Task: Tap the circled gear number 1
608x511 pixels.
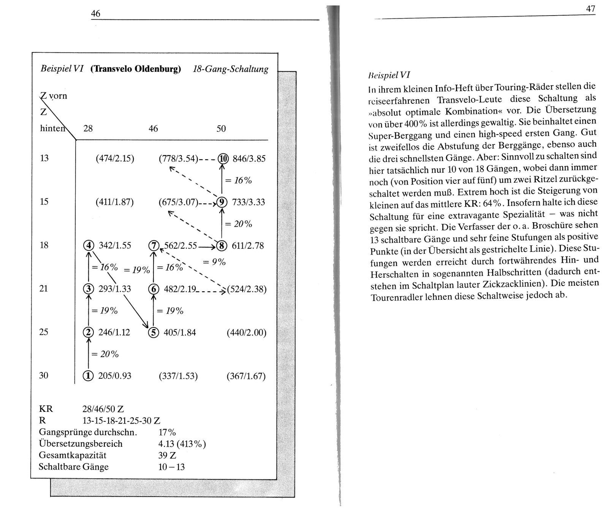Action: (88, 376)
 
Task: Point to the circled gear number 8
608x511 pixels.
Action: (221, 245)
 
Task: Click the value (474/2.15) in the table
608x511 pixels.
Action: (115, 158)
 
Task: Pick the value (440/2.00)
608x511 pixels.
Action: (246, 333)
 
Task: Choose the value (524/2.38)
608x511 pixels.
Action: (247, 290)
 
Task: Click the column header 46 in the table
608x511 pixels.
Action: (153, 128)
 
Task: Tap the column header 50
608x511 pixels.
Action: (221, 128)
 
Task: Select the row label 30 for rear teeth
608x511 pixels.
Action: (44, 375)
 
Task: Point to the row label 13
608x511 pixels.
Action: (44, 158)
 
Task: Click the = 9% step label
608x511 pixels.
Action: (214, 262)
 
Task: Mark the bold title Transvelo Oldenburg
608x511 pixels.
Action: (136, 70)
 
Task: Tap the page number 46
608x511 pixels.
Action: (95, 14)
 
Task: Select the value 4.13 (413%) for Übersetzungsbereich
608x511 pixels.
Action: (182, 444)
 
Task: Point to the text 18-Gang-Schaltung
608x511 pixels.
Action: (231, 69)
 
